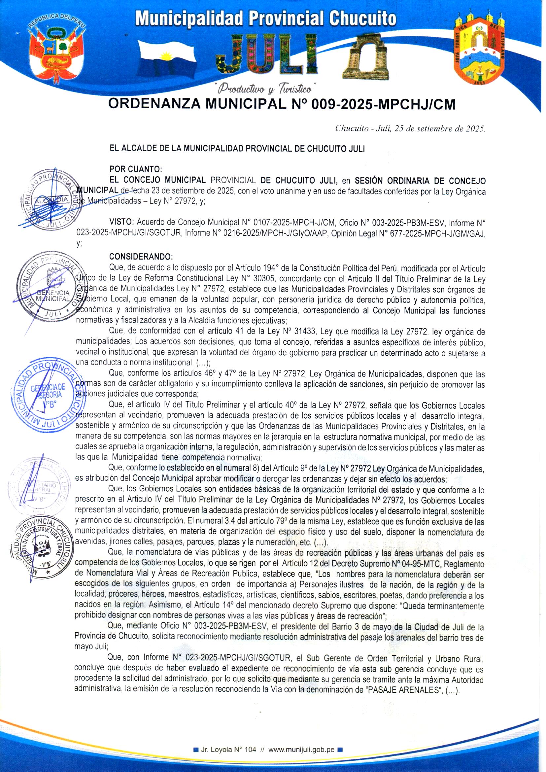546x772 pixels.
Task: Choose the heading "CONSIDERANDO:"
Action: (141, 257)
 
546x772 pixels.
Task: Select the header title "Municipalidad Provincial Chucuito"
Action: (266, 18)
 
